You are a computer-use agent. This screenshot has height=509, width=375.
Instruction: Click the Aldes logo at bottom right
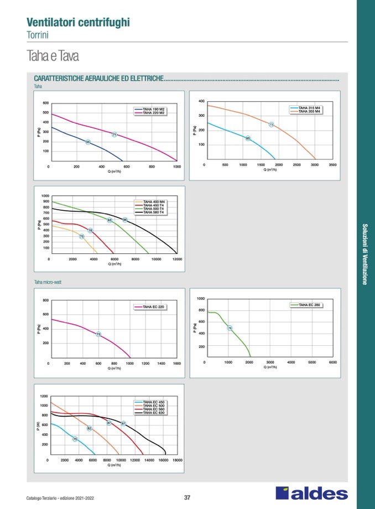312,494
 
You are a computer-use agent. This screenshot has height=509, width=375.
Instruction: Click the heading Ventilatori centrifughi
79,22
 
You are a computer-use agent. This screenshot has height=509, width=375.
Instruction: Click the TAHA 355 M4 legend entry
310,112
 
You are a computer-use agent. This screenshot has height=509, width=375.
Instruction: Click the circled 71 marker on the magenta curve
114,134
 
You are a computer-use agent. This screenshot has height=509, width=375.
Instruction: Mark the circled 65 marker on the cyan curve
248,138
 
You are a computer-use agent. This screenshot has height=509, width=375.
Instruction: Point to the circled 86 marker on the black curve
125,220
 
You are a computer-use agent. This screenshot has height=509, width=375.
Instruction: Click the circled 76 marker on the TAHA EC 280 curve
230,328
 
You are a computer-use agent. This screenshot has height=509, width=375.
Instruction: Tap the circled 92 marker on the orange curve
89,428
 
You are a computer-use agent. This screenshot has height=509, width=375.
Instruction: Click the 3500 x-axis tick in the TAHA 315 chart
332,165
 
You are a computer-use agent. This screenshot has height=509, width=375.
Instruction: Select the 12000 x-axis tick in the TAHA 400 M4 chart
177,259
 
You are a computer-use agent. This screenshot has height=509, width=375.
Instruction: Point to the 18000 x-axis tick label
178,460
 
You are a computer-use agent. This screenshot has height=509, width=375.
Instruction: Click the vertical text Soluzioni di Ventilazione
364,254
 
